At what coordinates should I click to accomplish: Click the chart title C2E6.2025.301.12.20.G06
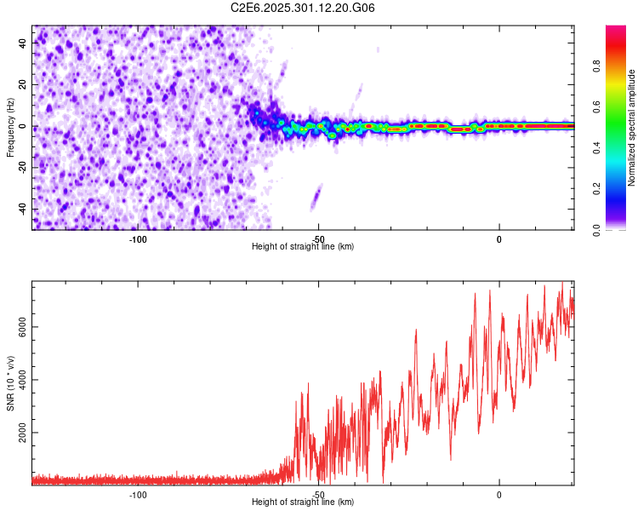pyautogui.click(x=303, y=8)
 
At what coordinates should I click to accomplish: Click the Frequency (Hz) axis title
pyautogui.click(x=11, y=128)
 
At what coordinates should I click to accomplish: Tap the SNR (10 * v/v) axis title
pyautogui.click(x=11, y=383)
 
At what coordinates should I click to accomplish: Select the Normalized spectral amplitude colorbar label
pyautogui.click(x=631, y=128)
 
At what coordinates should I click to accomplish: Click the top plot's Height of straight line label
pyautogui.click(x=303, y=247)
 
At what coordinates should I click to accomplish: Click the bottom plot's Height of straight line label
pyautogui.click(x=303, y=502)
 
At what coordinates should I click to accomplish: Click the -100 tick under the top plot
pyautogui.click(x=138, y=238)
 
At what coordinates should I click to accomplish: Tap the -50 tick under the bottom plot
pyautogui.click(x=318, y=494)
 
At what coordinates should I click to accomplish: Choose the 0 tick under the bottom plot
pyautogui.click(x=499, y=494)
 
